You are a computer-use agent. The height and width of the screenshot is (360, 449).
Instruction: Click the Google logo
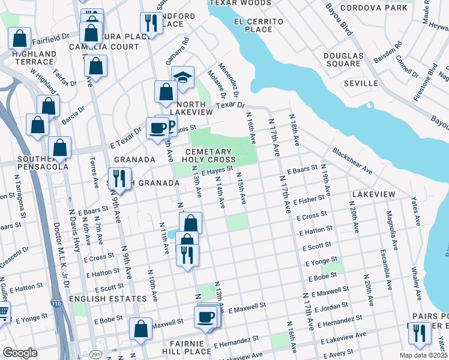coord(20,353)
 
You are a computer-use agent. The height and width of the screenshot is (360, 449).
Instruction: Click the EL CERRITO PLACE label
coord(254,25)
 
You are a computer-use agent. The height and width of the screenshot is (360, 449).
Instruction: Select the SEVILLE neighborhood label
coord(361,83)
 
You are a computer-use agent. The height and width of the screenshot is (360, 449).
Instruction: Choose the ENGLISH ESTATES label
coord(107,298)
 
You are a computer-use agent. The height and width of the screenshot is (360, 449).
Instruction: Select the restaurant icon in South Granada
coord(119,179)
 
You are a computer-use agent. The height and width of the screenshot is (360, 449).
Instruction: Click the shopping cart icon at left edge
coord(3,312)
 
